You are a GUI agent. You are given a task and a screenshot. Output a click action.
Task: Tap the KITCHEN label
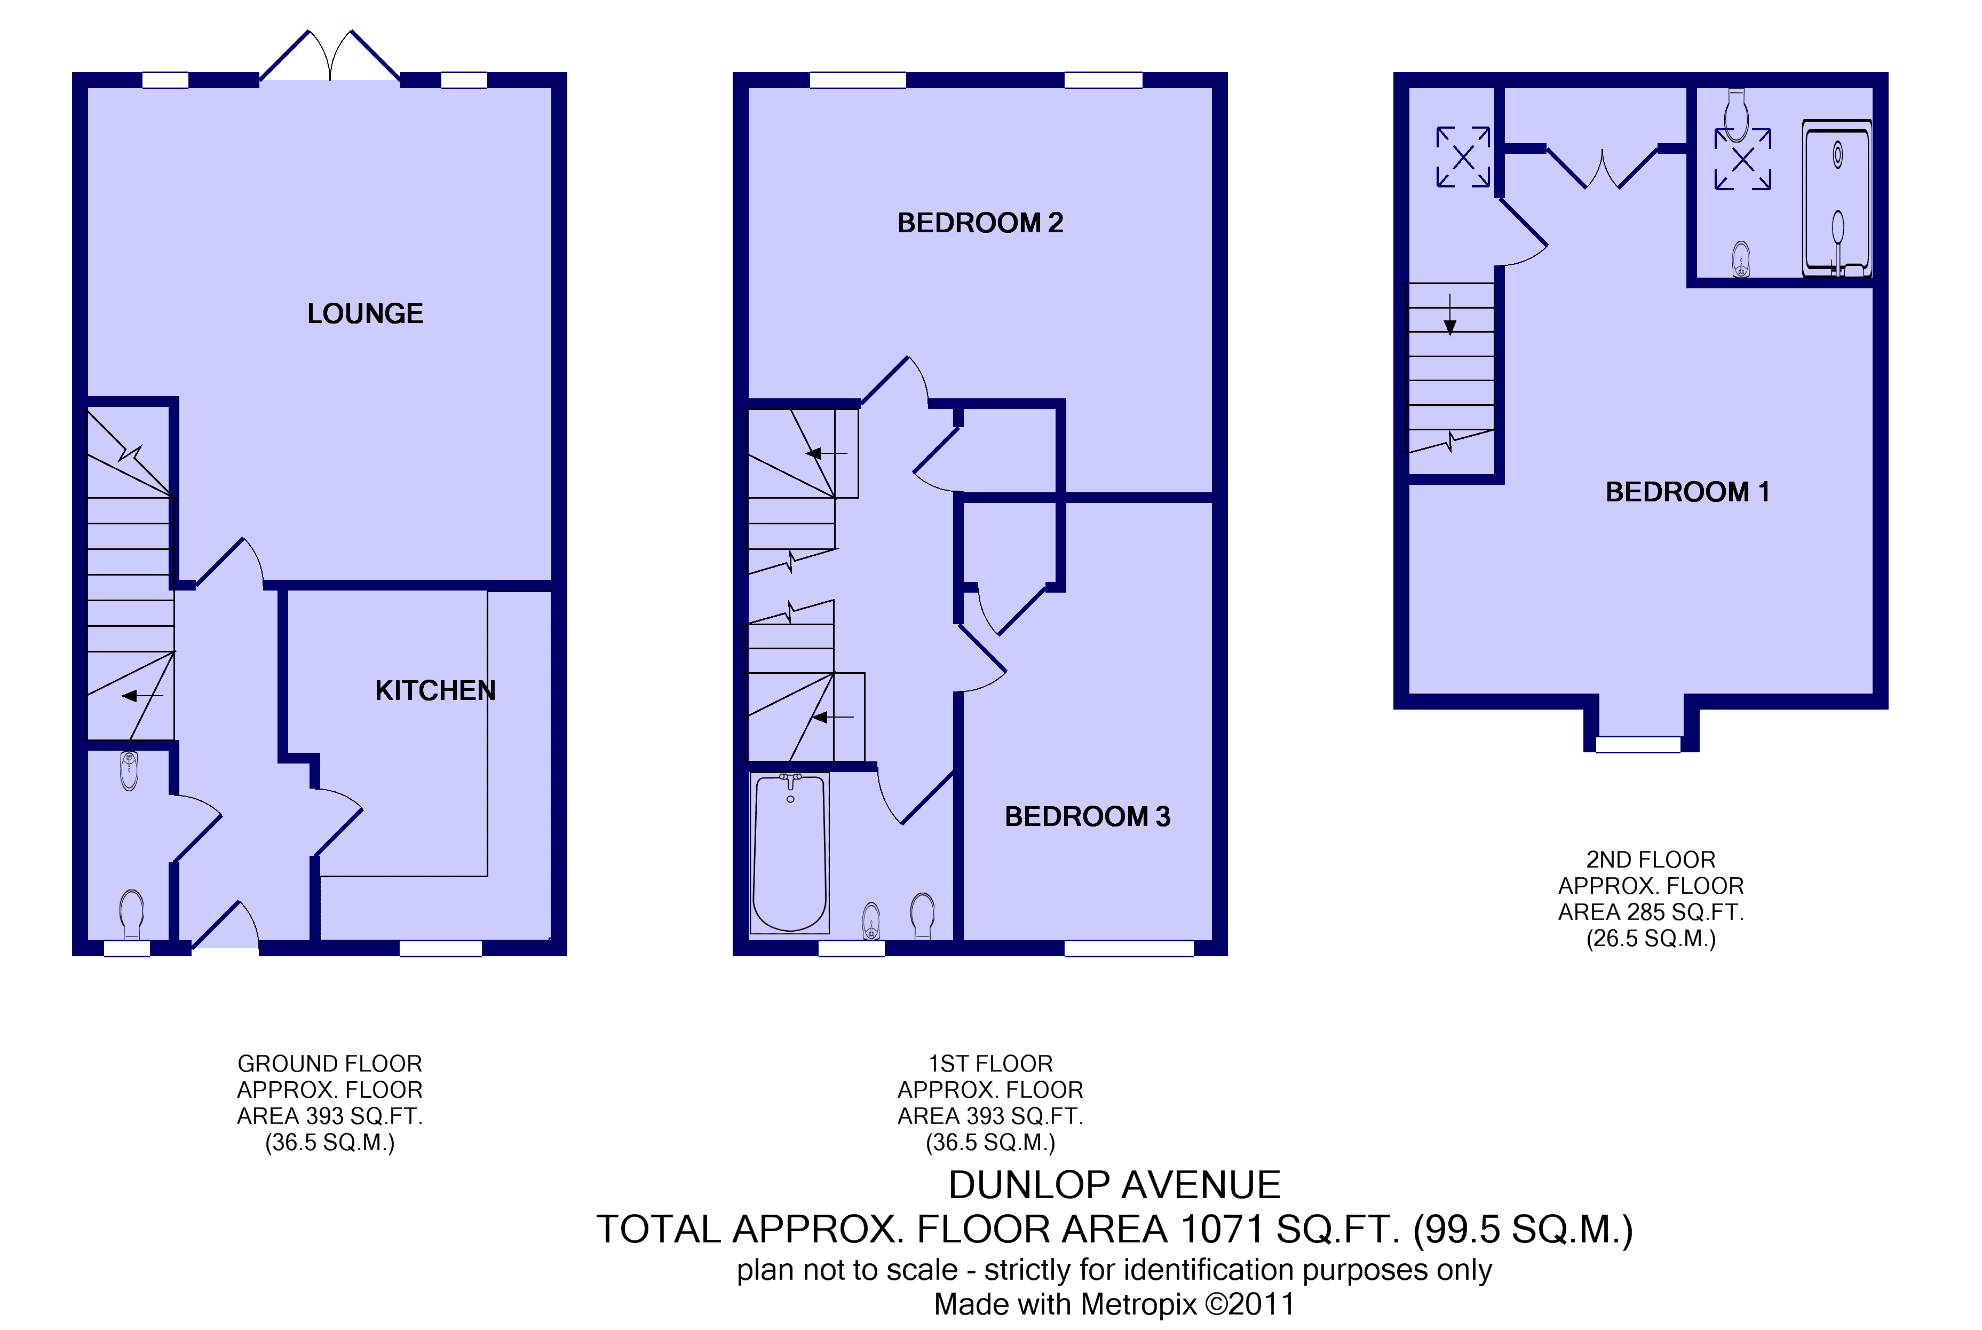click(x=435, y=690)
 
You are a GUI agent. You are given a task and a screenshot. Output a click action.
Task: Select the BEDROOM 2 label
click(x=980, y=222)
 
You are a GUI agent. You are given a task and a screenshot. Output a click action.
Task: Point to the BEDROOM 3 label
click(x=1087, y=816)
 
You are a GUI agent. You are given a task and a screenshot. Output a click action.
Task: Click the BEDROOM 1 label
click(x=1687, y=492)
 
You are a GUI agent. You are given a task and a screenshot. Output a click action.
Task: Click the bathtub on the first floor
click(x=789, y=853)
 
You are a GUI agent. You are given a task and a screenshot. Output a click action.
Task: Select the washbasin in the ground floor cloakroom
click(x=129, y=770)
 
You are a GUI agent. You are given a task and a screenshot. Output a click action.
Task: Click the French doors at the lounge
click(x=330, y=56)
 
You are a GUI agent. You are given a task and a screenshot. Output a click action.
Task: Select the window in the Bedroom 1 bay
click(x=1638, y=745)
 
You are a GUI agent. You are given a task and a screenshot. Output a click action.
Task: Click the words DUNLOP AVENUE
click(x=1114, y=1185)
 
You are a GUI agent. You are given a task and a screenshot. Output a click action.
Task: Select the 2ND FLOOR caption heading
click(x=1651, y=859)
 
